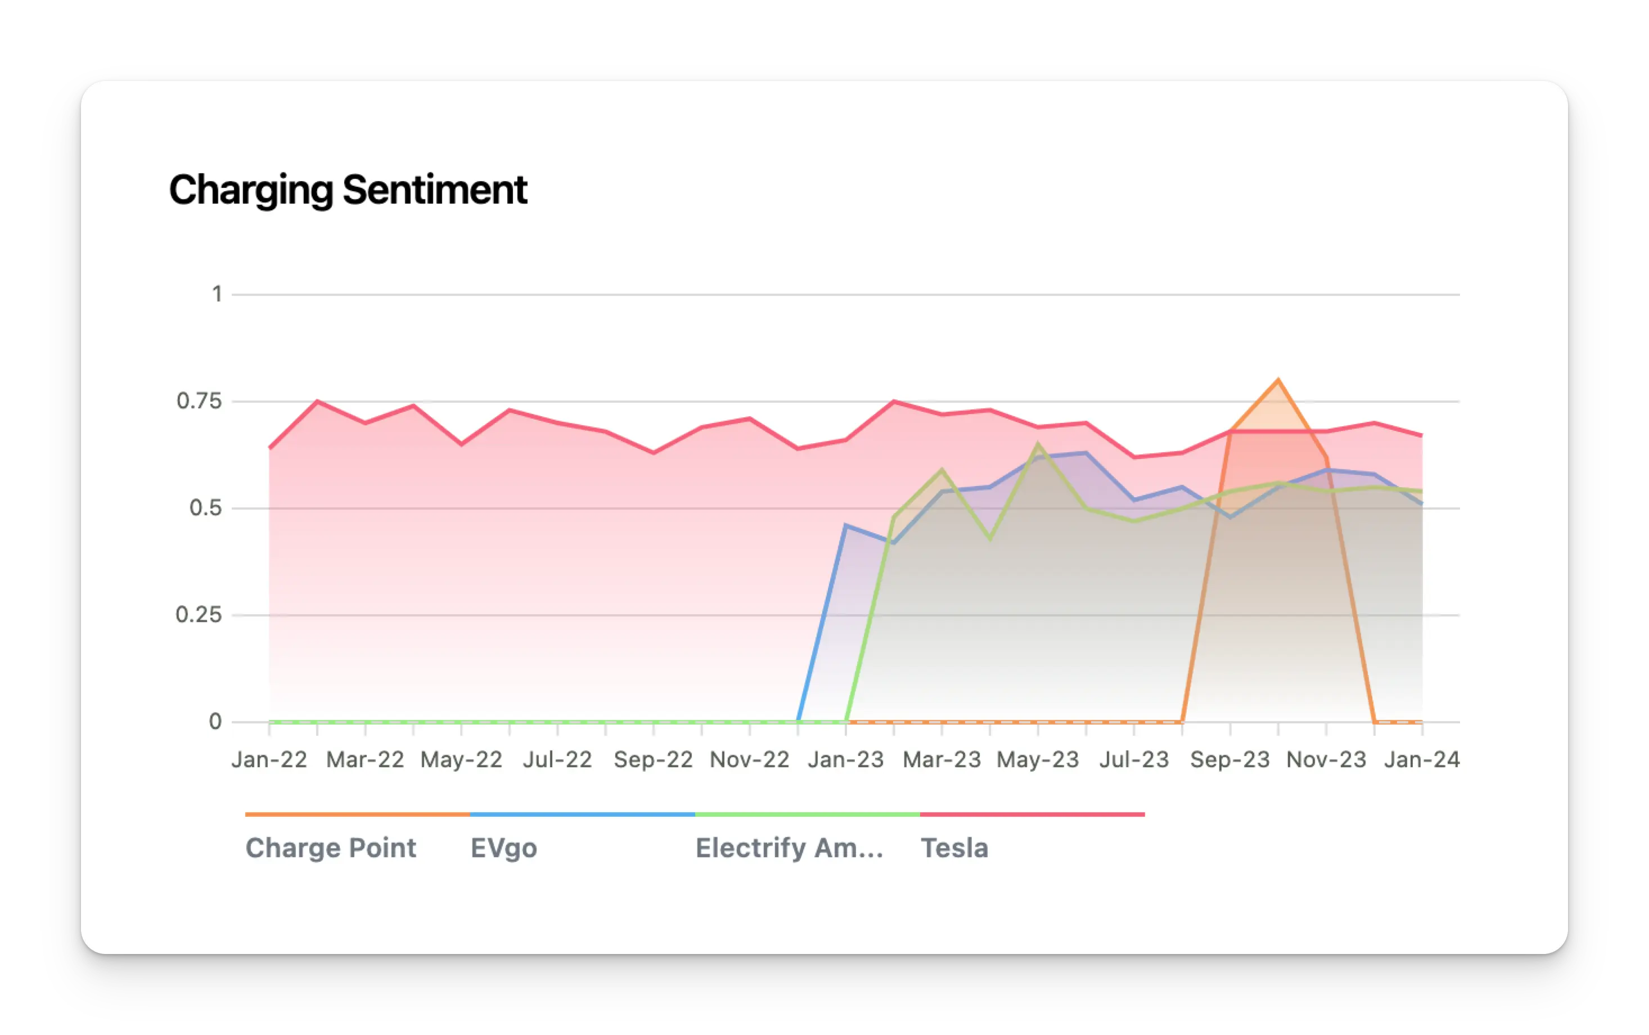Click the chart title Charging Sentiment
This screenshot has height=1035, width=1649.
click(348, 190)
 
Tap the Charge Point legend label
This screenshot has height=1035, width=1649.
click(331, 848)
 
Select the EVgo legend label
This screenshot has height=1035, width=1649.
click(503, 848)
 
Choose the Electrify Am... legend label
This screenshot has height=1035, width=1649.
click(789, 848)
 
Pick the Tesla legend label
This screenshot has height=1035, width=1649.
click(954, 848)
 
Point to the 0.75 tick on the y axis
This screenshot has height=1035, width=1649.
click(199, 401)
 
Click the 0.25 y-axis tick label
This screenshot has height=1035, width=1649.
click(199, 615)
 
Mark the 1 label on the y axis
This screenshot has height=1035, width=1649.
click(217, 294)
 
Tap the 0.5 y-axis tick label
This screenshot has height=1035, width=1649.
click(205, 508)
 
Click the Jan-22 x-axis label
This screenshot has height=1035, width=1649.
click(269, 760)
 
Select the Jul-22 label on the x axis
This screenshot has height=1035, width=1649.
click(557, 760)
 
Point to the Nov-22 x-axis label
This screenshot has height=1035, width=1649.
click(749, 760)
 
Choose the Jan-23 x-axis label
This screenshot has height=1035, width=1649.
click(846, 760)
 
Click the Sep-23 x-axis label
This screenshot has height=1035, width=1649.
click(1229, 760)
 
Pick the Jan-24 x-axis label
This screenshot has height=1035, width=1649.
click(1422, 760)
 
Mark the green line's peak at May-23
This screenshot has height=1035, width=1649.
click(1038, 444)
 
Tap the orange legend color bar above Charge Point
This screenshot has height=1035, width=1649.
click(357, 814)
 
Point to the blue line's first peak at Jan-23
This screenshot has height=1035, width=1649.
click(846, 526)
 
